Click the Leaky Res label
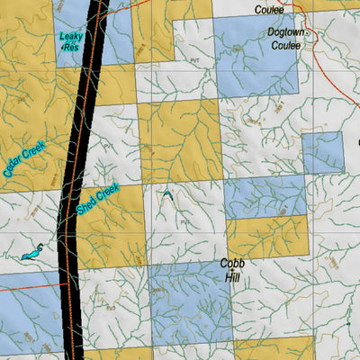(x=71, y=42)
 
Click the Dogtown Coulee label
(x=287, y=38)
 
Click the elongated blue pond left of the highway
(x=32, y=253)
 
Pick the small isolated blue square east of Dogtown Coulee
(x=322, y=152)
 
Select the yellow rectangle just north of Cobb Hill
(x=267, y=237)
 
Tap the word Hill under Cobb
(x=229, y=278)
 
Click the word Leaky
(x=71, y=37)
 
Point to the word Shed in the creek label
(x=87, y=203)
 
